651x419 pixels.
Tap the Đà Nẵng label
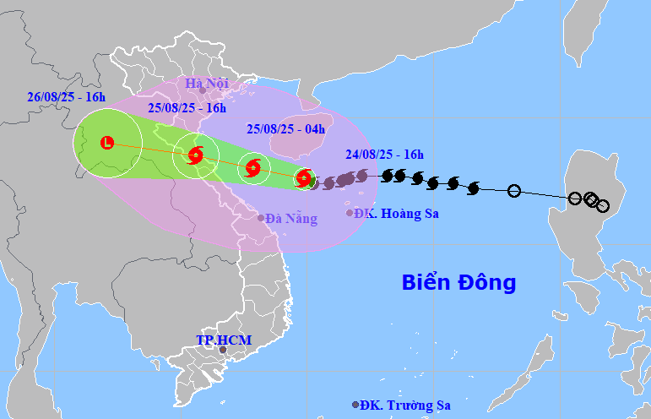point(291,219)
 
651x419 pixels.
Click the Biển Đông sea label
point(458,282)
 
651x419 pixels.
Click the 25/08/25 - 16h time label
point(187,108)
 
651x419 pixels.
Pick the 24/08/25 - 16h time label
point(384,154)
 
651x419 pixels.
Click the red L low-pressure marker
point(107,143)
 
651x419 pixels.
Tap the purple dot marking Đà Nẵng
point(261,218)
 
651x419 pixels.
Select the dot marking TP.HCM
point(223,350)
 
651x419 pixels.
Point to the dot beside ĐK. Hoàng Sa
point(350,213)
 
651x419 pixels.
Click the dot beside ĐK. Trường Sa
point(355,405)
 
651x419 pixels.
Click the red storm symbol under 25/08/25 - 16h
point(196,155)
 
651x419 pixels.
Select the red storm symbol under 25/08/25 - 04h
point(252,167)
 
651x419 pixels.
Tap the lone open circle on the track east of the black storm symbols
point(514,191)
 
